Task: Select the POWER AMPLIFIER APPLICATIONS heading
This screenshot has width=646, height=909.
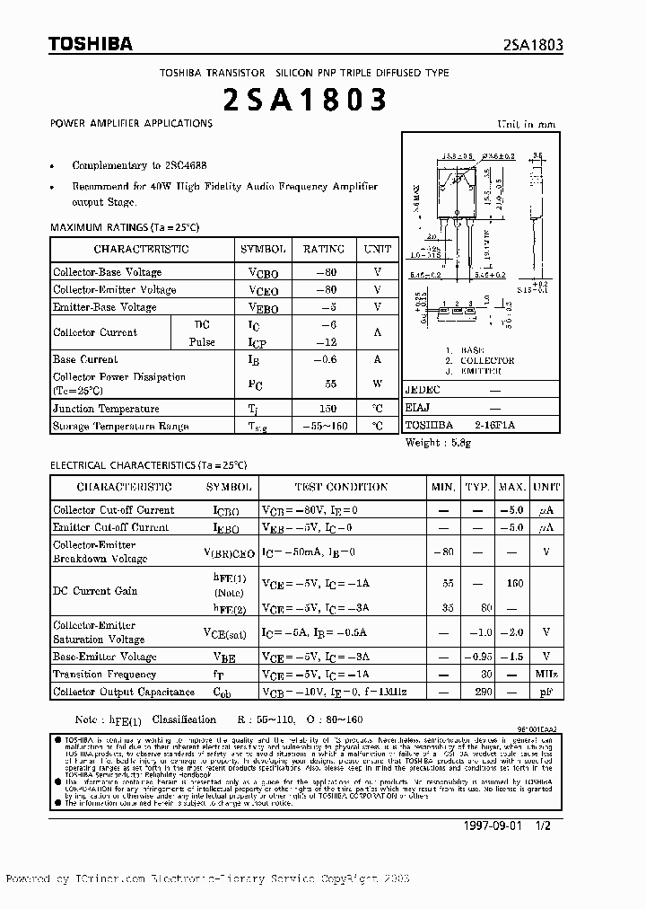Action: tap(131, 123)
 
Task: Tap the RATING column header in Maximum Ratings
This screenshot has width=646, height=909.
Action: tap(323, 249)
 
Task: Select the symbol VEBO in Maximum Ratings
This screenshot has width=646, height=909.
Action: tap(263, 307)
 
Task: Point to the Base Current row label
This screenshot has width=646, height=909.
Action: tap(85, 359)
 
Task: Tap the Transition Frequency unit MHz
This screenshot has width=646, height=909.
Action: tap(546, 675)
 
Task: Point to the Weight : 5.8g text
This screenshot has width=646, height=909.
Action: tap(437, 443)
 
